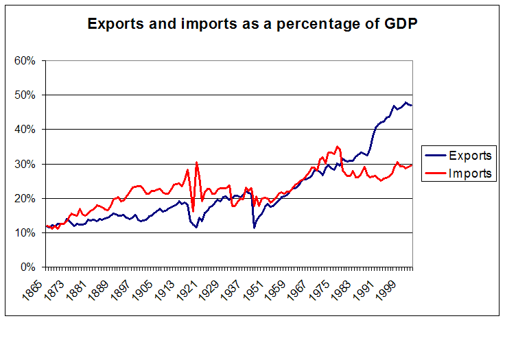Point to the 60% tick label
coord(25,60)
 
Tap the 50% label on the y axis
coord(25,95)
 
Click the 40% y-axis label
coord(25,129)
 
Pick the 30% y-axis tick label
coord(25,164)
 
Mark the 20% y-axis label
coord(25,198)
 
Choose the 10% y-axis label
coord(25,232)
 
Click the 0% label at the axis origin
coord(27,267)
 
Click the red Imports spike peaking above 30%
coord(197,163)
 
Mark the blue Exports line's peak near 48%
coord(406,103)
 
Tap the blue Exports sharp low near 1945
coord(255,227)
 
